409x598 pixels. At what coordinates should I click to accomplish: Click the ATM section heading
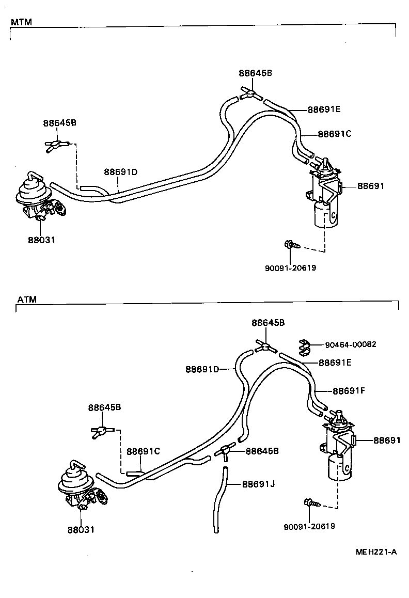(26, 299)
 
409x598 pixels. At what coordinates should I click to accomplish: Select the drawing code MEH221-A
(375, 552)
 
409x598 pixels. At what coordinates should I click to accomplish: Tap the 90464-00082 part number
(351, 344)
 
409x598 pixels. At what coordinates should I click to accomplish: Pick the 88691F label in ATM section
(349, 391)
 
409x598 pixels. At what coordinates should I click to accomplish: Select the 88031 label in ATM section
(81, 529)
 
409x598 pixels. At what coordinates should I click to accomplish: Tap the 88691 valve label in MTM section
(371, 186)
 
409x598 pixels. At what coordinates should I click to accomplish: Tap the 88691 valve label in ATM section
(387, 440)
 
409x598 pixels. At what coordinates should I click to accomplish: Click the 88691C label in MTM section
(334, 134)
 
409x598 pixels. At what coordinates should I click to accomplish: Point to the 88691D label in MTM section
(120, 172)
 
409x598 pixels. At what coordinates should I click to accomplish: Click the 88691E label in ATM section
(335, 363)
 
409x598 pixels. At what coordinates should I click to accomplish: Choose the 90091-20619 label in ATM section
(309, 526)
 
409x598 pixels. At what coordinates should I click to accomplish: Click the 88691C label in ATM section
(143, 451)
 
